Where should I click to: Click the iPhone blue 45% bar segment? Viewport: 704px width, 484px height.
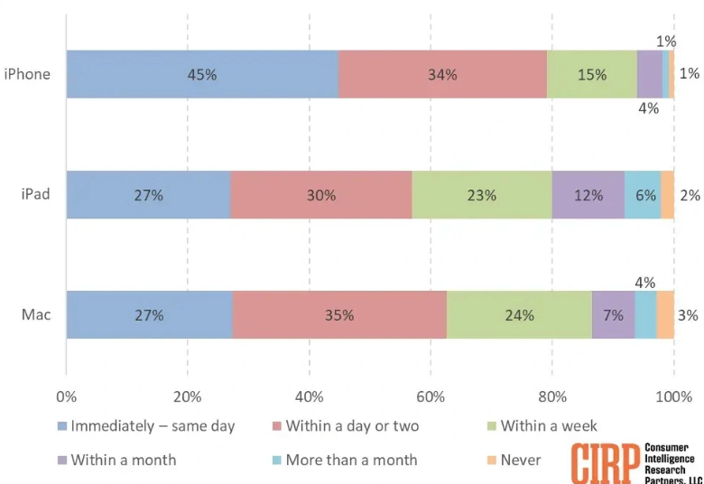coord(202,74)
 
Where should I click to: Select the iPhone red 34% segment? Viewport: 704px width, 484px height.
coord(442,74)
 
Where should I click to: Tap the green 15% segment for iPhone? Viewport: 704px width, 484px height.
coord(592,74)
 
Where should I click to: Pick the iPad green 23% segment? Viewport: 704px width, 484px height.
coord(482,194)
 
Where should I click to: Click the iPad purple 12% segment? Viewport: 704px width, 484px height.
coord(588,194)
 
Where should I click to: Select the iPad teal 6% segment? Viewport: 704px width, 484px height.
coord(643,194)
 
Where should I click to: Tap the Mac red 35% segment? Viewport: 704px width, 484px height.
coord(339,315)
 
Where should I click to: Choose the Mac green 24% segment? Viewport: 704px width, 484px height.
coord(519,315)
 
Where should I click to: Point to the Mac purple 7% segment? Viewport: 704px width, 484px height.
coord(614,315)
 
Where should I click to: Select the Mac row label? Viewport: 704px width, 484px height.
coord(37,315)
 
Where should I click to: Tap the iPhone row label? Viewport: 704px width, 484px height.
coord(27,74)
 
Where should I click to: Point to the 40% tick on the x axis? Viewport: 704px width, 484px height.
coord(309,396)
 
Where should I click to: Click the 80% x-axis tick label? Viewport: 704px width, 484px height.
coord(552,396)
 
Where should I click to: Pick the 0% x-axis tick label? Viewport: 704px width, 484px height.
coord(66,396)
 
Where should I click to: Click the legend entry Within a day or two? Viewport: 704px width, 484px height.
coord(351,426)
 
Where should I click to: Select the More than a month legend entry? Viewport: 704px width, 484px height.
coord(351,460)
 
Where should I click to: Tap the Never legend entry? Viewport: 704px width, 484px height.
coord(520,460)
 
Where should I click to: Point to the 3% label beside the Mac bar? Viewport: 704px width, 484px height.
coord(688,315)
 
